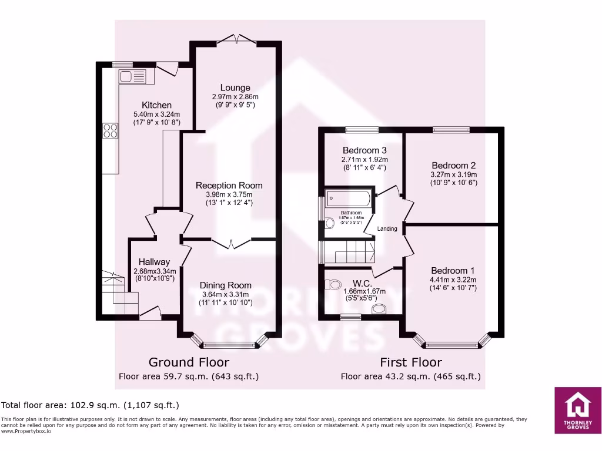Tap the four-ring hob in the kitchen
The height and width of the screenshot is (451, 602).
(110, 130)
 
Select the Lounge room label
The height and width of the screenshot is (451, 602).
(235, 88)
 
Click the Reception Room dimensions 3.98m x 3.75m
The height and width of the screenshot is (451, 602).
(229, 195)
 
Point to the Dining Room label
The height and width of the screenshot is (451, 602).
(225, 285)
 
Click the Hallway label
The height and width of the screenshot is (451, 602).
(155, 262)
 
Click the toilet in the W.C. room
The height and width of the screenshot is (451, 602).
(333, 285)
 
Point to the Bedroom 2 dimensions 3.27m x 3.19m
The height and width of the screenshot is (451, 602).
(453, 174)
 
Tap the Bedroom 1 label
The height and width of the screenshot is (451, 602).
(453, 270)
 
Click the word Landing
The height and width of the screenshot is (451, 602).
(387, 228)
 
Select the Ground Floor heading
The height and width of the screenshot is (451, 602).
(189, 362)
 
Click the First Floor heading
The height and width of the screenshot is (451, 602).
(410, 362)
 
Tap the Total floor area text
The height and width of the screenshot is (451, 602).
(90, 405)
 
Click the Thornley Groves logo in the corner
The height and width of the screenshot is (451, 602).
(577, 410)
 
